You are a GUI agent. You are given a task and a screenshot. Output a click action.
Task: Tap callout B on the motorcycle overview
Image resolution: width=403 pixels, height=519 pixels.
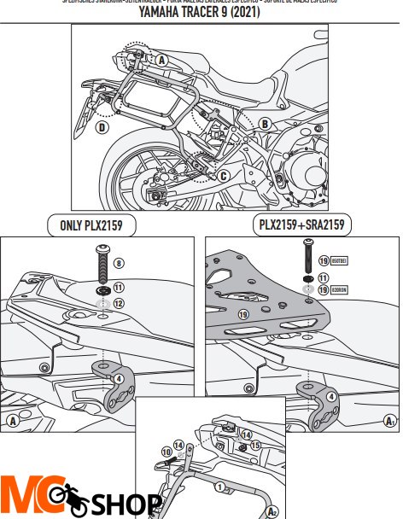pos(265,124)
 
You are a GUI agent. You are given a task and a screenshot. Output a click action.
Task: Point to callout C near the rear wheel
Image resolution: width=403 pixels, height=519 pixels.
pos(223,176)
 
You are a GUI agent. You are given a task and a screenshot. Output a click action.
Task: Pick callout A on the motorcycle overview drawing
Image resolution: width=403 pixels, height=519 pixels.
pos(161,60)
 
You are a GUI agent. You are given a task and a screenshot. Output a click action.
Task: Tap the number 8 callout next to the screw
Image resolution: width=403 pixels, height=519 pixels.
pos(119,262)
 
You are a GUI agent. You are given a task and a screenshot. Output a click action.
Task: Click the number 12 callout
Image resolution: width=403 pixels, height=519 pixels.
pos(119,303)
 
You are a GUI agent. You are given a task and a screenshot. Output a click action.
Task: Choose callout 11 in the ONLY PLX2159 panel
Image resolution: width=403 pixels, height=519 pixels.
pos(119,289)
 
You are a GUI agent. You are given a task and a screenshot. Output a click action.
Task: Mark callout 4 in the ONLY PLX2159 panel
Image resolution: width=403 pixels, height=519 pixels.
pos(118,377)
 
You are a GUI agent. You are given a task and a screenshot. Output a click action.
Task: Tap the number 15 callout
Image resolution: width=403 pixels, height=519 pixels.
pos(254,445)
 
